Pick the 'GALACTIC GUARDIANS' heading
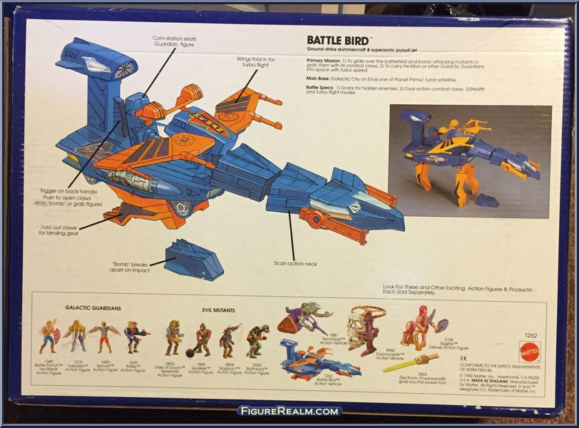click(x=93, y=308)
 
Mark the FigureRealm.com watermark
click(x=289, y=412)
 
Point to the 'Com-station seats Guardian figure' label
click(x=173, y=41)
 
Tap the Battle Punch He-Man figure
click(x=48, y=336)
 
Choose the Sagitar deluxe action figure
click(x=424, y=327)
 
